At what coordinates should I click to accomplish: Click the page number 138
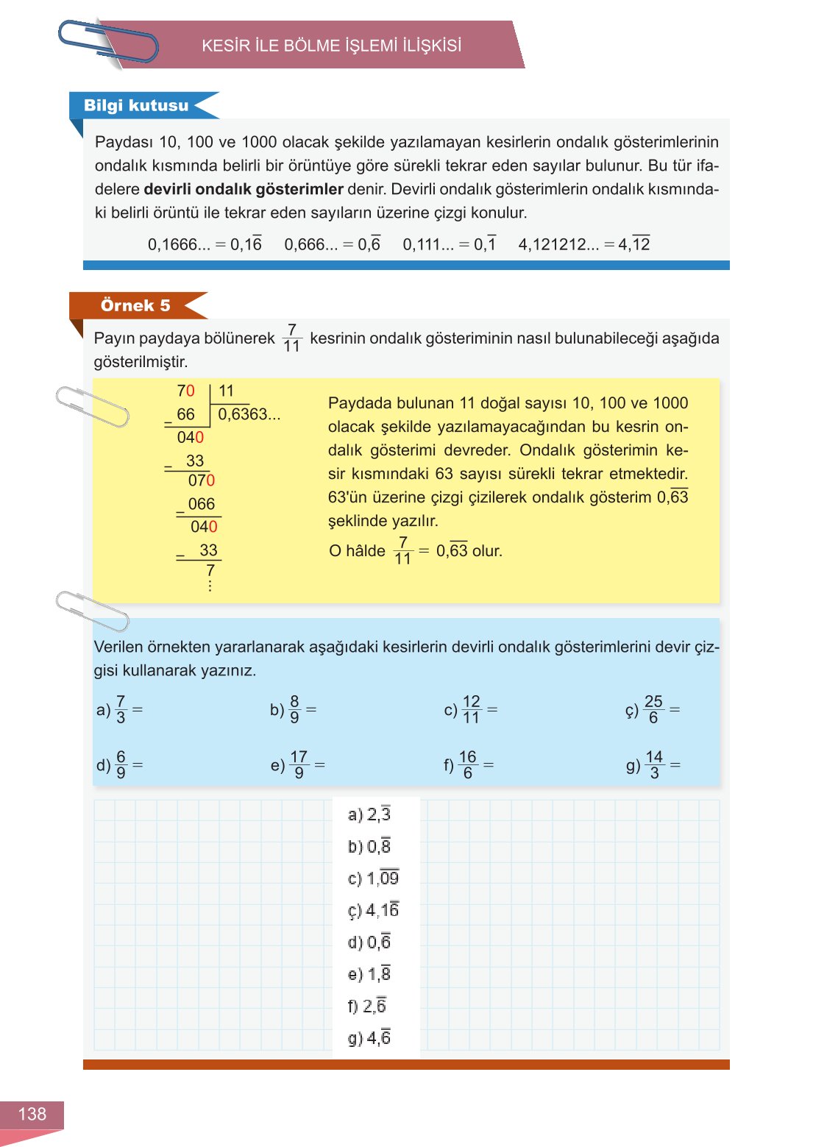tap(32, 1114)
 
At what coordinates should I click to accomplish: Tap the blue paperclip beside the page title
tap(108, 42)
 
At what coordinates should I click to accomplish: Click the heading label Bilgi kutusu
tap(136, 105)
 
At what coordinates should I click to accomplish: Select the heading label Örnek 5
tap(135, 305)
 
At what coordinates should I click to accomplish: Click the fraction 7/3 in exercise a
tap(121, 709)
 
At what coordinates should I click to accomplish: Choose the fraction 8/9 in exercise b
tap(294, 709)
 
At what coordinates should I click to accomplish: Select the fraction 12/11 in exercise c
tap(471, 709)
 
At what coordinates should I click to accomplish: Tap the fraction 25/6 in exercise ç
tap(653, 709)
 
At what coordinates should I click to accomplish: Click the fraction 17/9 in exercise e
tap(299, 764)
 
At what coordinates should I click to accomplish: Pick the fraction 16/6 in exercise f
tap(467, 764)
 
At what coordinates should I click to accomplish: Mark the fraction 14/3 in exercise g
tap(654, 764)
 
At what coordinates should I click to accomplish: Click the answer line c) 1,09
tap(373, 878)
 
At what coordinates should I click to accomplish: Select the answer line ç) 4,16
tap(373, 910)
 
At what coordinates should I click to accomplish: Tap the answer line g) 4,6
tap(369, 1037)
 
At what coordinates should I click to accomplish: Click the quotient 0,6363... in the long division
tap(249, 414)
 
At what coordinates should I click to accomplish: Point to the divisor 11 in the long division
tap(226, 391)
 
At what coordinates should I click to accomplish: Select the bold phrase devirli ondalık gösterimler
tap(244, 189)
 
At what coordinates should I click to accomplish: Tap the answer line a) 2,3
tap(369, 814)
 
